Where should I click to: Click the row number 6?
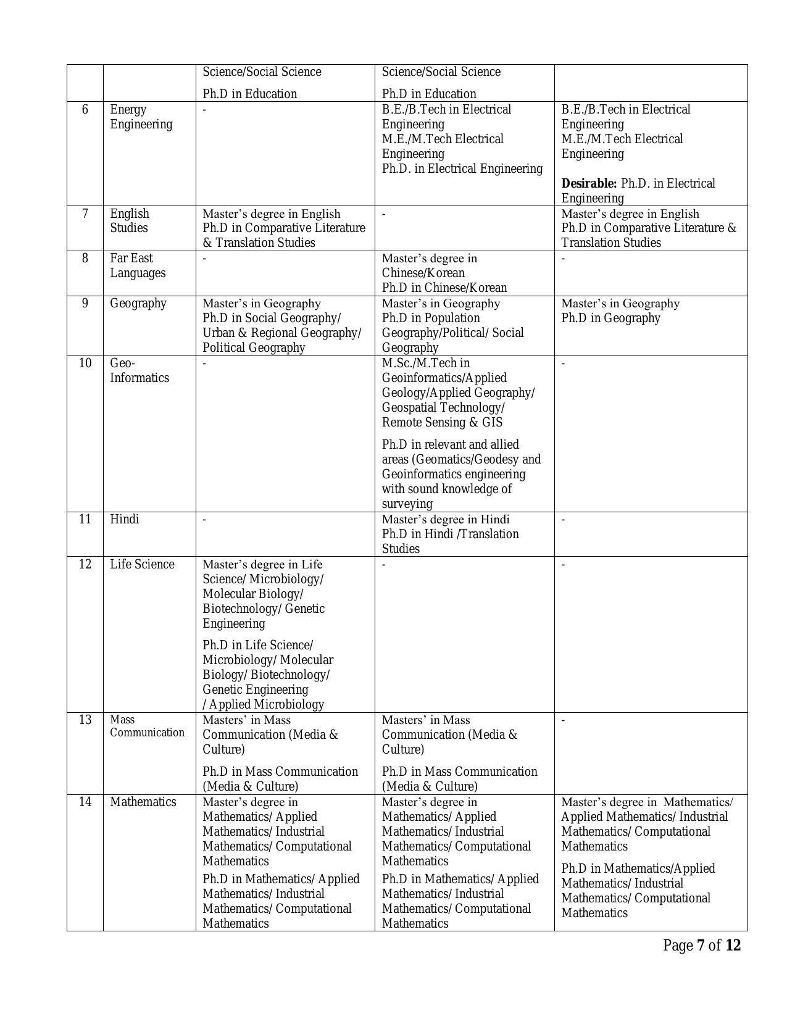(x=85, y=109)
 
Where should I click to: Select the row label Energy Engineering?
(x=141, y=117)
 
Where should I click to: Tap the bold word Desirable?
(x=588, y=183)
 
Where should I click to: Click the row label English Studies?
(x=129, y=220)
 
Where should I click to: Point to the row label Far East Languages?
(x=137, y=265)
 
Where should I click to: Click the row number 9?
(x=85, y=303)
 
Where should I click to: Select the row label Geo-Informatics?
(x=139, y=370)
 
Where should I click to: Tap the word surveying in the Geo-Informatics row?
(x=407, y=504)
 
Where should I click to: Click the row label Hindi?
(x=124, y=519)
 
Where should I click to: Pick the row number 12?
(x=85, y=564)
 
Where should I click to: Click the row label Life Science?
(x=142, y=564)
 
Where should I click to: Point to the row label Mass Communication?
(x=147, y=726)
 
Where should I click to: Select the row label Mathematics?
(x=143, y=802)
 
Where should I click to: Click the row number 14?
(x=85, y=802)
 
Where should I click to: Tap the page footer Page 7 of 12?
(x=701, y=946)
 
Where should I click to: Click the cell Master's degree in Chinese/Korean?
(x=429, y=265)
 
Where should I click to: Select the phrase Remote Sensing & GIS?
(x=442, y=422)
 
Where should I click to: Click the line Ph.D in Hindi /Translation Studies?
(x=450, y=541)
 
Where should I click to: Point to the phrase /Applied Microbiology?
(x=263, y=704)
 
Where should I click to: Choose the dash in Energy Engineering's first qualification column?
(x=205, y=110)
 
